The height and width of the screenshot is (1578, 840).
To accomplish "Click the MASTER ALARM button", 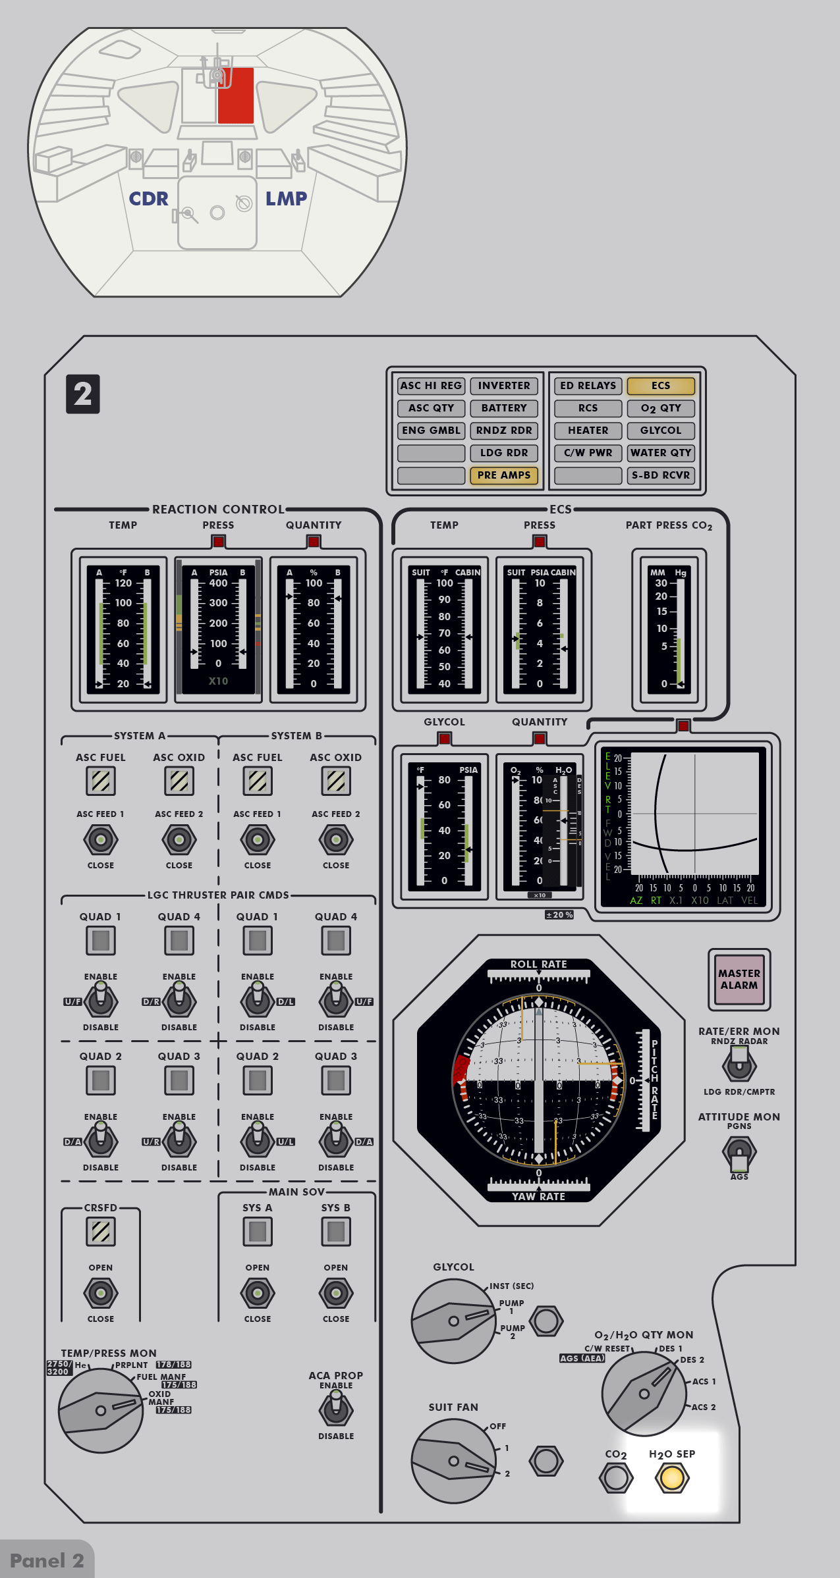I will pyautogui.click(x=739, y=979).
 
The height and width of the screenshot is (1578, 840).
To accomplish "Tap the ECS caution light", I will pyautogui.click(x=660, y=386).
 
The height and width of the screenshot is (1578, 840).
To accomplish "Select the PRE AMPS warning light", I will pyautogui.click(x=504, y=475).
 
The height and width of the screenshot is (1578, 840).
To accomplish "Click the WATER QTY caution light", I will pyautogui.click(x=660, y=453).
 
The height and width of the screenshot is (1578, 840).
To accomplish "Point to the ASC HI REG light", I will pyautogui.click(x=431, y=386).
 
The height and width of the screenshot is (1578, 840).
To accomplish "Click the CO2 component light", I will pyautogui.click(x=616, y=1478).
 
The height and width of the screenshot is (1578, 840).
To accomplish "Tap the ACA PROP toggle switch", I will pyautogui.click(x=336, y=1409).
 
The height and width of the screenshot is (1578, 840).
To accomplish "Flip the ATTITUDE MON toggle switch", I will pyautogui.click(x=739, y=1152).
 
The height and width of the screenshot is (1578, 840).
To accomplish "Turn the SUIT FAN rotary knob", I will pyautogui.click(x=453, y=1461).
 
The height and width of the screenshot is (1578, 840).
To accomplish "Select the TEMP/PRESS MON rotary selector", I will pyautogui.click(x=101, y=1410).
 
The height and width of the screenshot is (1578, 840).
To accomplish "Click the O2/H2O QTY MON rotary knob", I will pyautogui.click(x=644, y=1393).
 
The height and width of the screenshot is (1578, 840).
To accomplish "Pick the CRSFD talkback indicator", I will pyautogui.click(x=101, y=1232).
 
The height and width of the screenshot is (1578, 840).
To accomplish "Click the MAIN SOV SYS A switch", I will pyautogui.click(x=258, y=1293).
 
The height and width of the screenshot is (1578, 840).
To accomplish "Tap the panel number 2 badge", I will pyautogui.click(x=83, y=394).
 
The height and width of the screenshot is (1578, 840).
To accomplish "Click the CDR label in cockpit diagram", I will pyautogui.click(x=149, y=199).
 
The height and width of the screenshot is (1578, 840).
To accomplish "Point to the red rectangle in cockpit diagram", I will pyautogui.click(x=235, y=95).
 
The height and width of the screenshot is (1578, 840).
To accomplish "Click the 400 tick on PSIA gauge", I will pyautogui.click(x=218, y=583).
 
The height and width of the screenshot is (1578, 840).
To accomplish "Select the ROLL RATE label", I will pyautogui.click(x=538, y=964).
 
